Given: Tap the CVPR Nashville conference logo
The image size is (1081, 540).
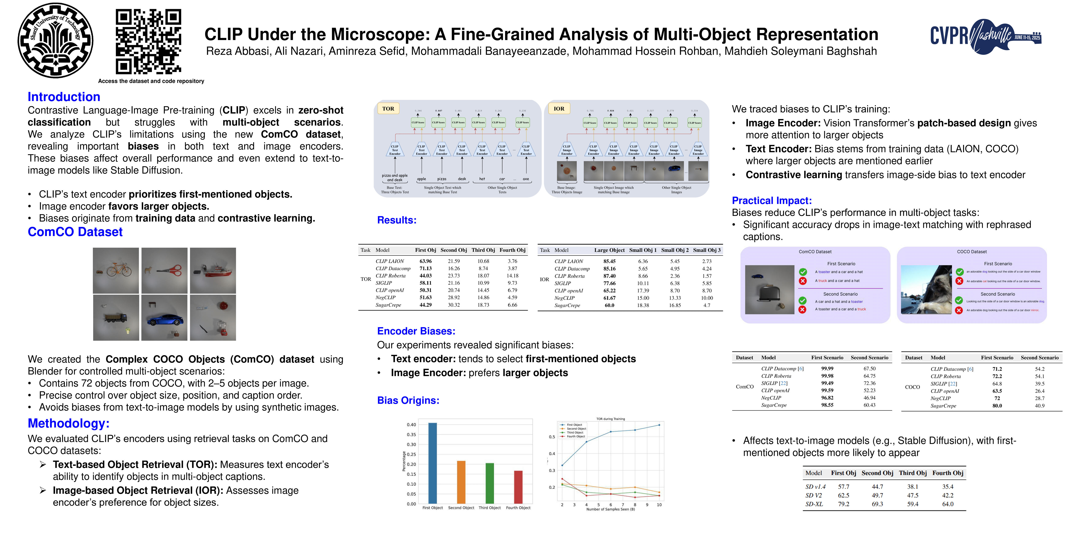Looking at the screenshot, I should tap(985, 36).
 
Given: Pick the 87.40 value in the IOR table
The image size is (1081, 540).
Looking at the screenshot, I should tap(609, 276).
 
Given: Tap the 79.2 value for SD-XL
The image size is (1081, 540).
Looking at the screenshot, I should tap(843, 504).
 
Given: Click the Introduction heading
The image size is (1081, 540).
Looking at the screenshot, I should tap(64, 97).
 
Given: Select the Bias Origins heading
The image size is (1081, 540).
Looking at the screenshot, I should tap(408, 400).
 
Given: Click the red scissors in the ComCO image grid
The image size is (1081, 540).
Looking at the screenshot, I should tap(170, 270).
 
